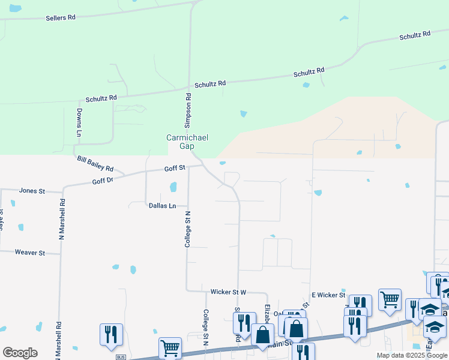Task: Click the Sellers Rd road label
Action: tap(61, 18)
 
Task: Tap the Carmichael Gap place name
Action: tap(187, 142)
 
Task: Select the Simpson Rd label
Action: tap(188, 110)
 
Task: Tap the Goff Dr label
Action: tap(103, 181)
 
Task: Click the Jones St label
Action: tap(32, 191)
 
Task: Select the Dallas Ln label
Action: tap(163, 206)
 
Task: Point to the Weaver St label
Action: tap(30, 253)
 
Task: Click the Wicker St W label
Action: tap(228, 292)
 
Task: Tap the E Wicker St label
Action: tap(328, 295)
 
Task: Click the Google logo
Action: tap(20, 353)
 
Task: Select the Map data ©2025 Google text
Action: tap(411, 355)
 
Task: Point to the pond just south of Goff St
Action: tap(173, 187)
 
